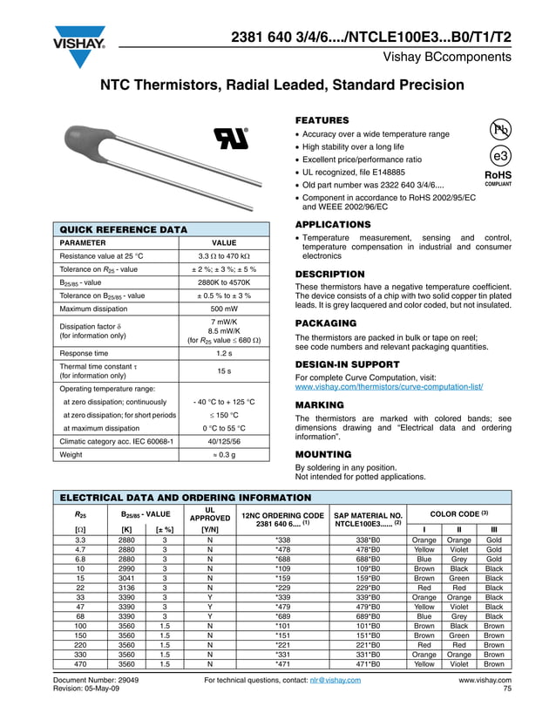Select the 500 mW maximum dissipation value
click(225, 308)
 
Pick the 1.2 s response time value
click(225, 353)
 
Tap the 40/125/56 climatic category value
click(225, 441)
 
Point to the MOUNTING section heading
click(323, 455)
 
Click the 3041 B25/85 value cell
click(126, 578)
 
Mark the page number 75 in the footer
click(506, 689)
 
